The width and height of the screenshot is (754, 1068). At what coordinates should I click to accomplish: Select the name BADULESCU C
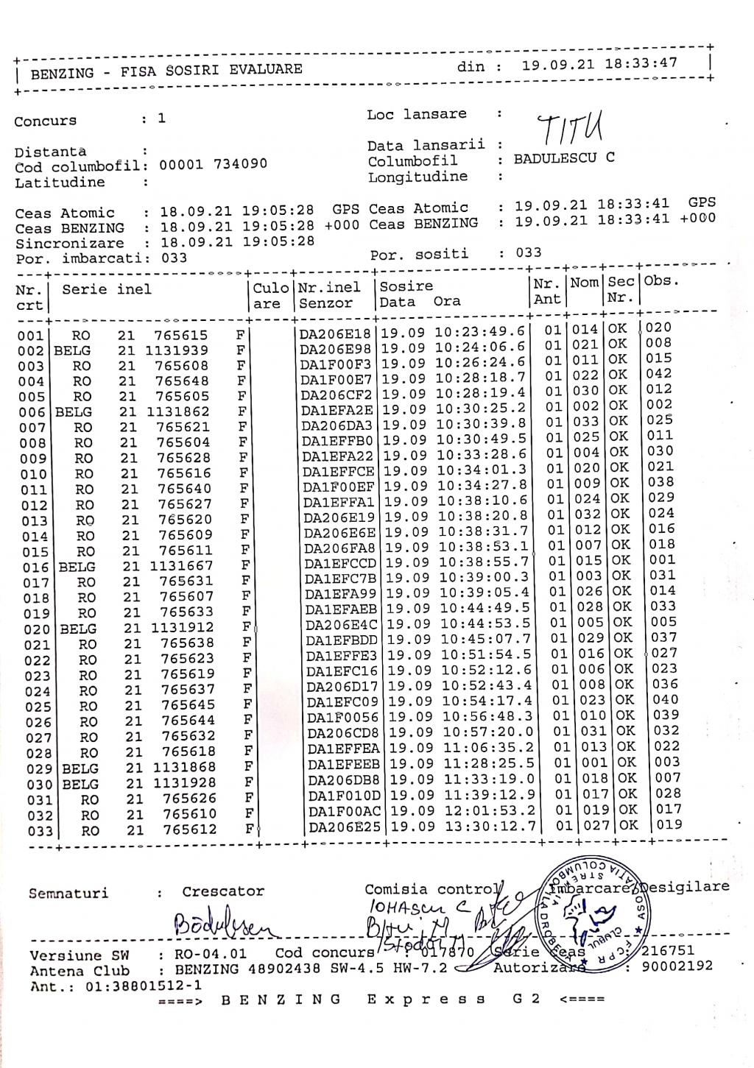pos(563,158)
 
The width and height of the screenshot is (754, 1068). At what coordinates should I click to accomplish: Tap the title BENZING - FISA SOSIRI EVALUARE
pos(166,71)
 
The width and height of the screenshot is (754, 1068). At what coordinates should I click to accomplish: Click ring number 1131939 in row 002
pos(176,350)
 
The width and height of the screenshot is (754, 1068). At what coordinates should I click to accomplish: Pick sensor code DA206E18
pos(335,333)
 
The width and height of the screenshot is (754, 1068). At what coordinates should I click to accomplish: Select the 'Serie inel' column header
pos(107,289)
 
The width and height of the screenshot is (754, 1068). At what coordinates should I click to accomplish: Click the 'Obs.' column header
pos(661,280)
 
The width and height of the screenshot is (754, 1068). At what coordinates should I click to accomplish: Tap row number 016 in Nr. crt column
pos(35,567)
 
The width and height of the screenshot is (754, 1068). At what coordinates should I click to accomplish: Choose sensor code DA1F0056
pos(342,718)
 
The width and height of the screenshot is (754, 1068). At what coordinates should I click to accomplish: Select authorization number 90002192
pos(677,966)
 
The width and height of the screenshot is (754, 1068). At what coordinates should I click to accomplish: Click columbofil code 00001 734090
pos(213,163)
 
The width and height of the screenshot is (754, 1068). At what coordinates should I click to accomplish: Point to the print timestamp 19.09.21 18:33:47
pos(599,64)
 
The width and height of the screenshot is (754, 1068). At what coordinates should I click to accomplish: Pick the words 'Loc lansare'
pos(416,114)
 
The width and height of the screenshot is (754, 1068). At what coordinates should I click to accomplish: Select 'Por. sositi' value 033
pos(528,252)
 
